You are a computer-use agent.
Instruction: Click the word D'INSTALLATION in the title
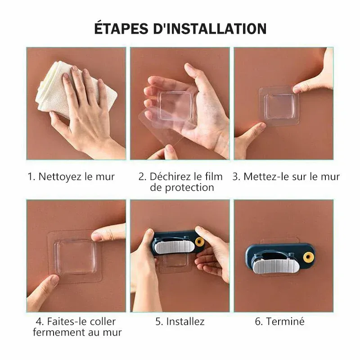click(x=211, y=28)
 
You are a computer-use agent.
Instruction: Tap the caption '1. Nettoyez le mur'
click(x=71, y=176)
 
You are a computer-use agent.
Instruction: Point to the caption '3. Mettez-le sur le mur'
click(x=286, y=176)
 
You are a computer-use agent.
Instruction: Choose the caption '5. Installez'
click(x=180, y=321)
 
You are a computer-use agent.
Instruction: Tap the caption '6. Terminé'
click(x=280, y=321)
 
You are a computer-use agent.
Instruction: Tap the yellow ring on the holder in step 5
click(x=199, y=242)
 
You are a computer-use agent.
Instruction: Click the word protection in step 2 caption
click(x=182, y=188)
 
